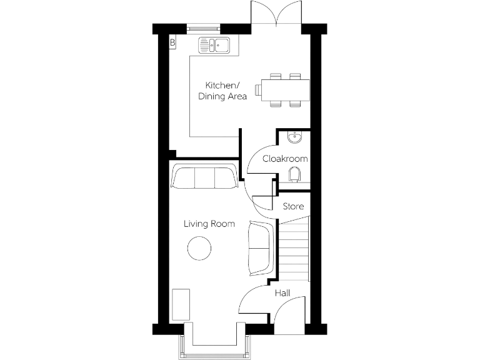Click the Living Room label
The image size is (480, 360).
(x=209, y=223)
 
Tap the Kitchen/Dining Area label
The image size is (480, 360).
(x=222, y=91)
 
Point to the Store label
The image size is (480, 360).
(x=293, y=206)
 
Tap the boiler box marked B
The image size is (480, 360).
(x=172, y=42)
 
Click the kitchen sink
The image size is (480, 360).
(x=214, y=44)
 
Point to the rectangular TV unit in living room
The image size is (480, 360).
(x=181, y=304)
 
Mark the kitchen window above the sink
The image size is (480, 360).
(x=204, y=27)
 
